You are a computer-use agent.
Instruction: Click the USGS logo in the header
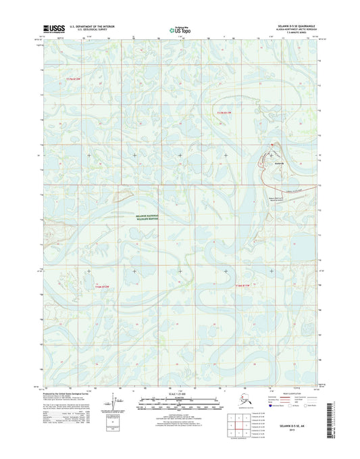(53, 28)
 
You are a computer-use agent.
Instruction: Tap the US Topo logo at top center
(179, 29)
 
